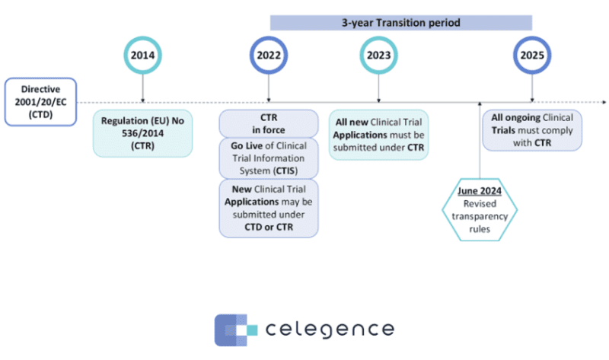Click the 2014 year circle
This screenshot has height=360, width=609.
[x=142, y=56]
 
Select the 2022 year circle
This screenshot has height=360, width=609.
[x=269, y=56]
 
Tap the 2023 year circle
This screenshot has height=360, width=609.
[x=379, y=56]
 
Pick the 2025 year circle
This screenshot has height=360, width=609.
[x=531, y=56]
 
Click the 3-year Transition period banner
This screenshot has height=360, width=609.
[x=400, y=23]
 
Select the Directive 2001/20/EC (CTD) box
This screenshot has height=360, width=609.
[x=40, y=101]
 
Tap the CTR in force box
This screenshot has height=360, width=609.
[x=269, y=123]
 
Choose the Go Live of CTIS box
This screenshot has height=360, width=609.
[x=269, y=158]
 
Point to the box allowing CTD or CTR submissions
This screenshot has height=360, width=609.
[x=269, y=207]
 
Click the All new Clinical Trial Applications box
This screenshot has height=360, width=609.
[x=379, y=134]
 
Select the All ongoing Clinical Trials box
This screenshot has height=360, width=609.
[x=531, y=129]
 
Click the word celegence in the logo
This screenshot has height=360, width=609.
[x=330, y=330]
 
